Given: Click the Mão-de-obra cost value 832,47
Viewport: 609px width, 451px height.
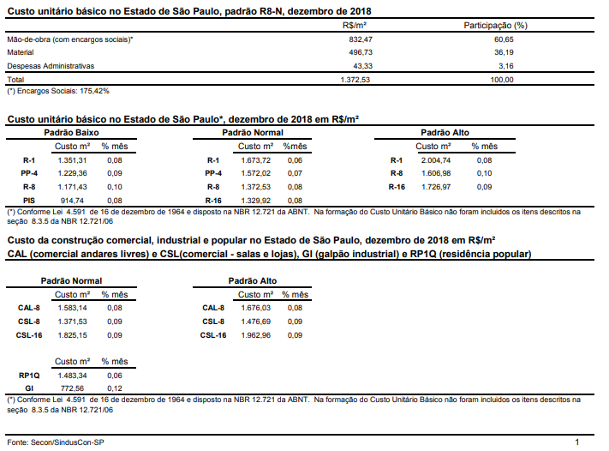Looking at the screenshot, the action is [361, 39].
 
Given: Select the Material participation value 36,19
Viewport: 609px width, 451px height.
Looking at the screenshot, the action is [504, 52].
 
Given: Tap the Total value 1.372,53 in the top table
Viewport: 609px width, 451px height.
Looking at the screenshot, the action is [355, 80].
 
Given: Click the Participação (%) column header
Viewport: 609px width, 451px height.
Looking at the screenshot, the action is [496, 26].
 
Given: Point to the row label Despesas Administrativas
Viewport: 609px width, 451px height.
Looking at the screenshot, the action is [51, 66].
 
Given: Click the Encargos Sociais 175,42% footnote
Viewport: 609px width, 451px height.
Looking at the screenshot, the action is [58, 91].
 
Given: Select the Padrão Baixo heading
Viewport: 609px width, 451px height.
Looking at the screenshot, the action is [71, 133].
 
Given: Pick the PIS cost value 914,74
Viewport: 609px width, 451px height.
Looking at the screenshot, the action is [72, 201].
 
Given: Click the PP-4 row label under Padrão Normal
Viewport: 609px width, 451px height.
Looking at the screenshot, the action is [213, 173].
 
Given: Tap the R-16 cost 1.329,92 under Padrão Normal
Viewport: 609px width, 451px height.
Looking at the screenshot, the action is [255, 201].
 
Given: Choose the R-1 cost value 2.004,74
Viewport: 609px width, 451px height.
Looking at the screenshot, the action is [436, 160].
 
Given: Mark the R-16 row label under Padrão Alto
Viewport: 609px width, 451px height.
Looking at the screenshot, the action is [397, 187].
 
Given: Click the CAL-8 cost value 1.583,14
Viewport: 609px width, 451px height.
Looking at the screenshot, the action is [72, 308].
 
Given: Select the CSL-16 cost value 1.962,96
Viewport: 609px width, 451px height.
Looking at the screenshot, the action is [255, 335].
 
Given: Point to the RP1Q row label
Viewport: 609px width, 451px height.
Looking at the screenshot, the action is [29, 376].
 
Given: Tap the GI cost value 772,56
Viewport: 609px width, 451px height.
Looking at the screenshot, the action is [72, 388].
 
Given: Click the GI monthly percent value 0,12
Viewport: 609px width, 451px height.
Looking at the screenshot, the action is [115, 388].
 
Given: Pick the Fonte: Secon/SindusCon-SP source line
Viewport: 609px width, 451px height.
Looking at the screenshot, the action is [56, 442].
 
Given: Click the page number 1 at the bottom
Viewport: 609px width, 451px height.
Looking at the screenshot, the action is [577, 442].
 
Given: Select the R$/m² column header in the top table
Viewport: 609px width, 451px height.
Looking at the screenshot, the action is [355, 26].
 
